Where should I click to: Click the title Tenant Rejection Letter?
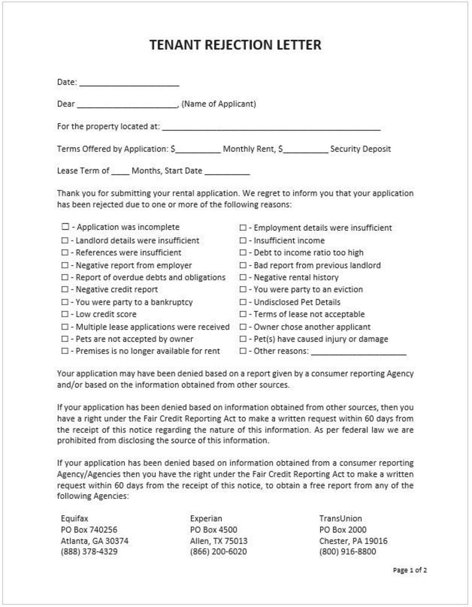pyautogui.click(x=235, y=45)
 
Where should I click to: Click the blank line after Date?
pyautogui.click(x=129, y=83)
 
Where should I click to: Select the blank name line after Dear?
pyautogui.click(x=128, y=105)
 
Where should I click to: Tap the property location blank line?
pyautogui.click(x=271, y=127)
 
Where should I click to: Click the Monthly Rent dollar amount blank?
pyautogui.click(x=198, y=150)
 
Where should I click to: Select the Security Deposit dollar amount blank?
pyautogui.click(x=306, y=150)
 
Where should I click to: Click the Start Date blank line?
pyautogui.click(x=227, y=172)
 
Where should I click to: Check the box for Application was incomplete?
pyautogui.click(x=65, y=227)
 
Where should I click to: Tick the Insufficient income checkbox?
pyautogui.click(x=243, y=240)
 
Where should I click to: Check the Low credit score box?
pyautogui.click(x=65, y=314)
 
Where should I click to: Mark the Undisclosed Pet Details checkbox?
pyautogui.click(x=243, y=302)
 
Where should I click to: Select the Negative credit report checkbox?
pyautogui.click(x=65, y=290)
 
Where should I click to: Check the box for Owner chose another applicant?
pyautogui.click(x=243, y=327)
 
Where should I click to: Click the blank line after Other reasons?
pyautogui.click(x=359, y=352)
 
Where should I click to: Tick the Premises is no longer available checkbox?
pyautogui.click(x=65, y=351)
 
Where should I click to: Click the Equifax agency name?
pyautogui.click(x=75, y=518)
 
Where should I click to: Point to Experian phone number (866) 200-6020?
pyautogui.click(x=218, y=552)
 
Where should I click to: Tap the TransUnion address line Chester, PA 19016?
pyautogui.click(x=353, y=541)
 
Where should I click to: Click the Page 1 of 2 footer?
pyautogui.click(x=409, y=570)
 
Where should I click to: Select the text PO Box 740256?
pyautogui.click(x=89, y=530)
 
